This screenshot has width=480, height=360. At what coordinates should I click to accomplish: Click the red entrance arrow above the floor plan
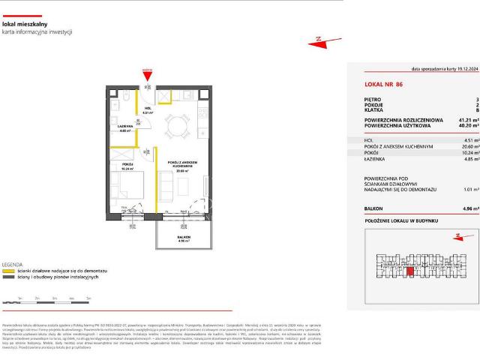coord(148,73)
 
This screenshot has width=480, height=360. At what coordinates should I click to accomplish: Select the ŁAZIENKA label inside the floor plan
coord(125,127)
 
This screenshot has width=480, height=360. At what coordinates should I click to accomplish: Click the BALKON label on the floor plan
coord(184,237)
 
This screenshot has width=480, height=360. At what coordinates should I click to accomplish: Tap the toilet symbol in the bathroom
coord(128,97)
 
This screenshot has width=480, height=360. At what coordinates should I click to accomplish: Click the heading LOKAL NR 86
coord(383,84)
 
